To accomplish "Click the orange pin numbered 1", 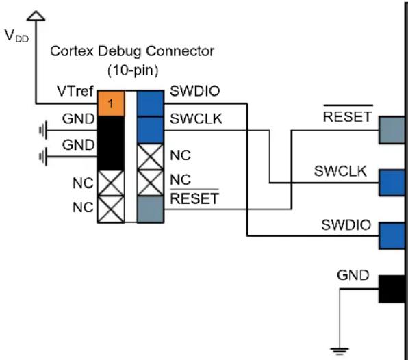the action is (111, 103).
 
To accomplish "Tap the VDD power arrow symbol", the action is (36, 16).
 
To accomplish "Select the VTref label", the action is (75, 91).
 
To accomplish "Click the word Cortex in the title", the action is (72, 51).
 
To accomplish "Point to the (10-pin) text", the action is (133, 70).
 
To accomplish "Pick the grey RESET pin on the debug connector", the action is (151, 209).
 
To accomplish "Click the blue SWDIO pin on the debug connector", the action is (151, 103).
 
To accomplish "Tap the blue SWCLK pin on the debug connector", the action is (151, 130).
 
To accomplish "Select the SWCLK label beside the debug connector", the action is (196, 118).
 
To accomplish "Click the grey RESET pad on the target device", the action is (392, 130).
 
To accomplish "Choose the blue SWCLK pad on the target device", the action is (392, 183).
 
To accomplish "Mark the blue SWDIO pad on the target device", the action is (392, 235).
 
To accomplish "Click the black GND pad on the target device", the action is (392, 289).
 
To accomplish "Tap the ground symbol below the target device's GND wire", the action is (340, 351).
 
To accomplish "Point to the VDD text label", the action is (16, 36).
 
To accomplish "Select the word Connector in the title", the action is (180, 51).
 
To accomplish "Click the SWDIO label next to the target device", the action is (346, 224).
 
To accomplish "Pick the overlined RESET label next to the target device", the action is (347, 114).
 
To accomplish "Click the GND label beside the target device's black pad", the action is (353, 275).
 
